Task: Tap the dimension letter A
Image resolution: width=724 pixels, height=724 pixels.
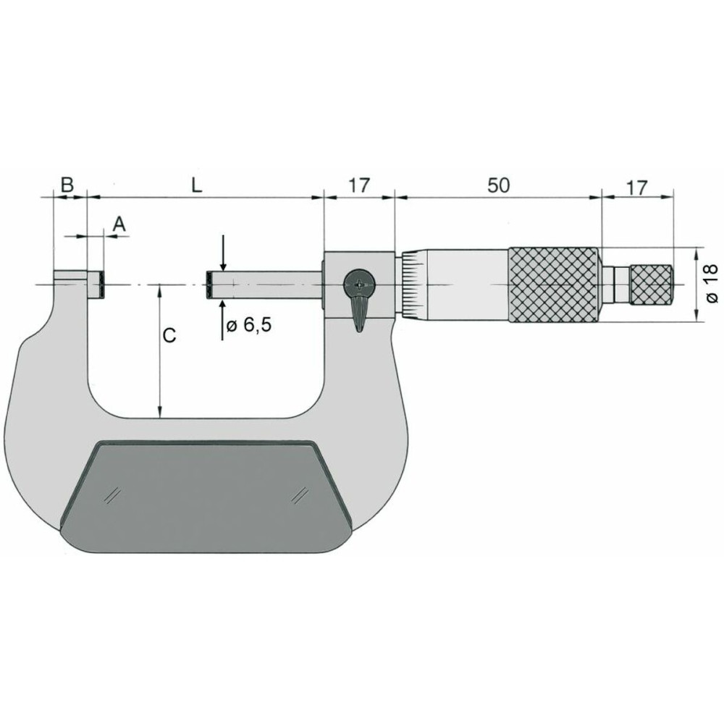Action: coord(119,224)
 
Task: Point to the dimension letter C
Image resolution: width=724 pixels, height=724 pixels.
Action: coord(168,336)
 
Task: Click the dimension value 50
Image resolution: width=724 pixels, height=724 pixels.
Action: coord(497,185)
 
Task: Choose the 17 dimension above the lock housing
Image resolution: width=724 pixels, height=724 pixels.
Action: coord(359,185)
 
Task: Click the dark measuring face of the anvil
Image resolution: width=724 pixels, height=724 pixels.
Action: coord(104,285)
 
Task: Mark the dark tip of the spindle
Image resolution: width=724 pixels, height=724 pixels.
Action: coord(209,285)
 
